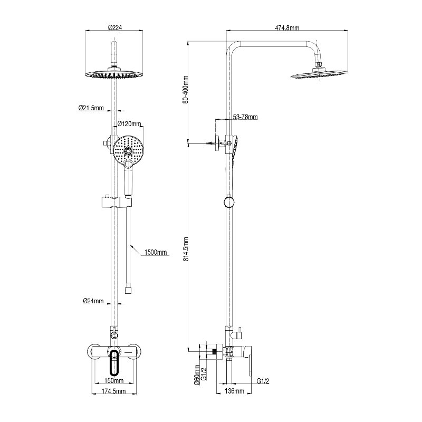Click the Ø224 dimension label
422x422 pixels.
coord(115,27)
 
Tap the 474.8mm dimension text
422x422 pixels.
coord(287,28)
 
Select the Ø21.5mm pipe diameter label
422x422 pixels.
coord(91,108)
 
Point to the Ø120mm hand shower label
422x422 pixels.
coord(129,124)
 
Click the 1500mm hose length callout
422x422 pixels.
coord(156,252)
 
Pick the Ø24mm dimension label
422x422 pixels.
coord(93,301)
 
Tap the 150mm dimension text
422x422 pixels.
coord(114,380)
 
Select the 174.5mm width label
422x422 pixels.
coord(114,391)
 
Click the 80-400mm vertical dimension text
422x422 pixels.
coord(185,90)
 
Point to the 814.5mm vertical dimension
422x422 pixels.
coord(186,248)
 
